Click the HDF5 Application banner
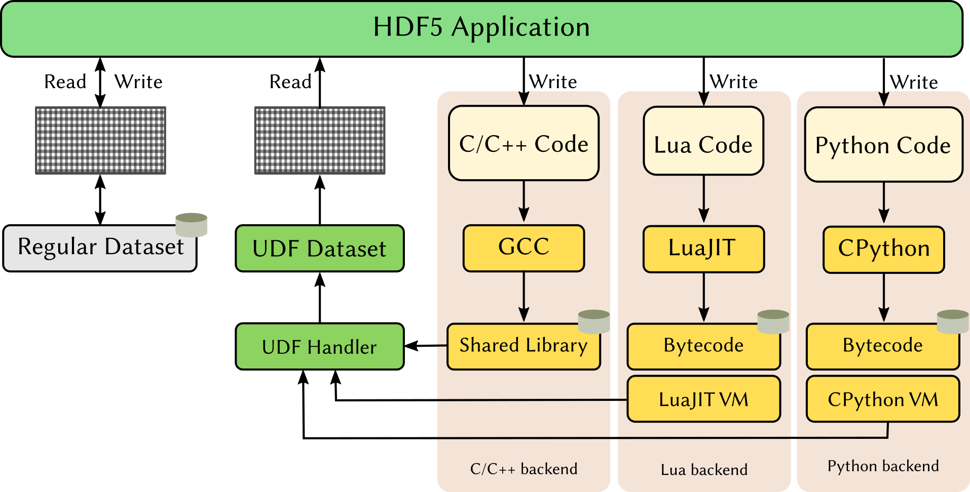481,28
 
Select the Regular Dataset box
100,248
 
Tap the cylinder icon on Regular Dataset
191,225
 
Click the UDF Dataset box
319,249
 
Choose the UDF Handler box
319,347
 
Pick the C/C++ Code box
524,144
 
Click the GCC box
524,248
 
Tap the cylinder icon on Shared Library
593,321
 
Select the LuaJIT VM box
703,399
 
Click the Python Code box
883,145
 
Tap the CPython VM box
882,399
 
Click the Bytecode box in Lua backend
703,347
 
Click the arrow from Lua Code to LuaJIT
703,199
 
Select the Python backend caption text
883,466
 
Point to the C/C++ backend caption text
524,469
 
